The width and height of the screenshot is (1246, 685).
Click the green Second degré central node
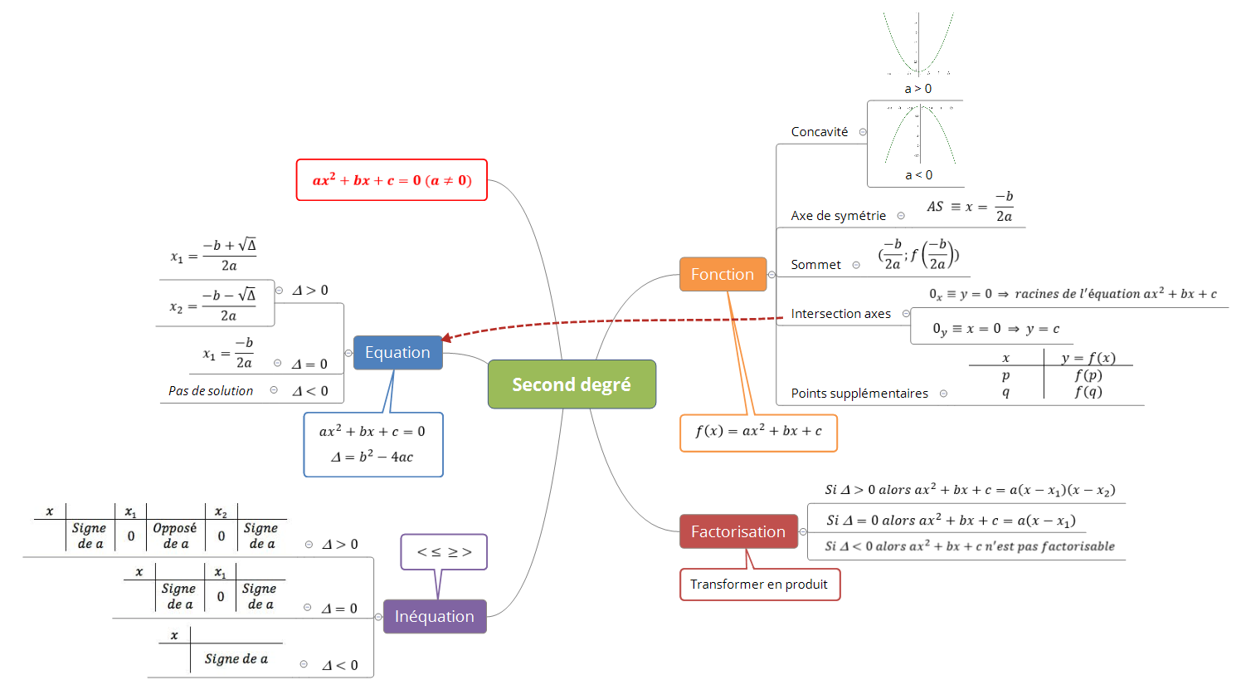tap(572, 384)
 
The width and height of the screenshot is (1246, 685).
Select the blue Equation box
tap(397, 353)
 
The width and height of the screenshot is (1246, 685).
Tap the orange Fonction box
tap(723, 275)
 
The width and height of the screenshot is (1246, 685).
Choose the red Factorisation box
tap(738, 532)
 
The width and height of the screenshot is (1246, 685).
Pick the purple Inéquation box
tap(435, 617)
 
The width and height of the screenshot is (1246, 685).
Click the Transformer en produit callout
tap(759, 585)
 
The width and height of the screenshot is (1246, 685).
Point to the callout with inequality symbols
tap(444, 552)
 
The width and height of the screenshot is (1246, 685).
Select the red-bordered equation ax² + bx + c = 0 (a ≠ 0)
tap(392, 180)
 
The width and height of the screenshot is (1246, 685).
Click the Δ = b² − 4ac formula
tap(372, 457)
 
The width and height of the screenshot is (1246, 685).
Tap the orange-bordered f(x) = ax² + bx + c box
tap(758, 432)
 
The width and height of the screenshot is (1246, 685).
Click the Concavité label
tap(820, 132)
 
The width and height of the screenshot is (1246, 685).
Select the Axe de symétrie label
tap(838, 216)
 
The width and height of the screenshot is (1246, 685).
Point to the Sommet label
tap(815, 265)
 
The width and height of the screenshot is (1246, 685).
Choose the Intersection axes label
tap(840, 314)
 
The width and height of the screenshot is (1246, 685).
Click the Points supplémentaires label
tap(859, 394)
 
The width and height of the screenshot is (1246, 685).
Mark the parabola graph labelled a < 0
tap(917, 135)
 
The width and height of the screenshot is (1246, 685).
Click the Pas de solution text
tap(211, 391)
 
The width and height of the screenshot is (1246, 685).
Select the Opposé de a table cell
tap(175, 536)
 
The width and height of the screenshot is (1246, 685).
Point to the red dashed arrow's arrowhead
tap(446, 338)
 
